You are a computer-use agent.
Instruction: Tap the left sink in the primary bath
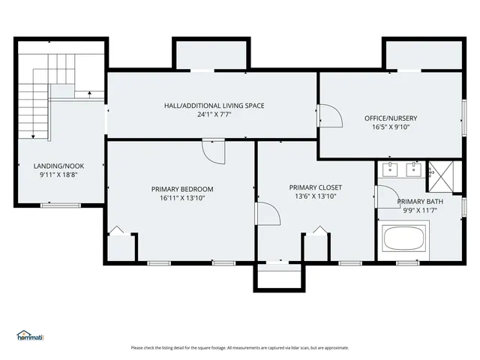[x=390, y=169]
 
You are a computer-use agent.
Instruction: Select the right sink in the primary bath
[x=412, y=169]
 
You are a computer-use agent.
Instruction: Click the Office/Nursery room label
[x=390, y=118]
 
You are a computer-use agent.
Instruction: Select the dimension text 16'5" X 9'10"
[x=390, y=127]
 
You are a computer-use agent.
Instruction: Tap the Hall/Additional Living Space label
[x=214, y=106]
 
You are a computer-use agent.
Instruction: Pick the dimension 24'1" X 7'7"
[x=214, y=115]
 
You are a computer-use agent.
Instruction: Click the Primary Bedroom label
[x=182, y=189]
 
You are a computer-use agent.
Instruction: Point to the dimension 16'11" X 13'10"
[x=182, y=198]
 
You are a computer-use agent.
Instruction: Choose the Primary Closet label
[x=315, y=187]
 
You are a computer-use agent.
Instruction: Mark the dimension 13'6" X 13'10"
[x=315, y=196]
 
